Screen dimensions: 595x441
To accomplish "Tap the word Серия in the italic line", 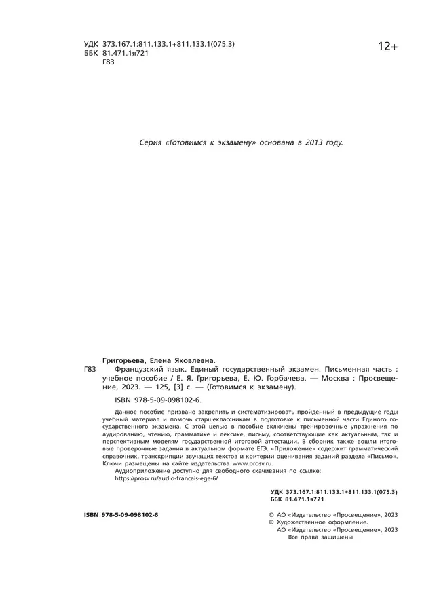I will [x=151, y=142].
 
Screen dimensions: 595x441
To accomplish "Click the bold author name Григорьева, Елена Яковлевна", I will [x=158, y=360].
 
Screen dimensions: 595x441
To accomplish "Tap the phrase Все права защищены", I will [x=320, y=537].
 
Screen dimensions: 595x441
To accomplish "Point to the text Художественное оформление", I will [x=323, y=522].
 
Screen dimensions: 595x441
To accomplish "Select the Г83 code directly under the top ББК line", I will [x=108, y=62].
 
